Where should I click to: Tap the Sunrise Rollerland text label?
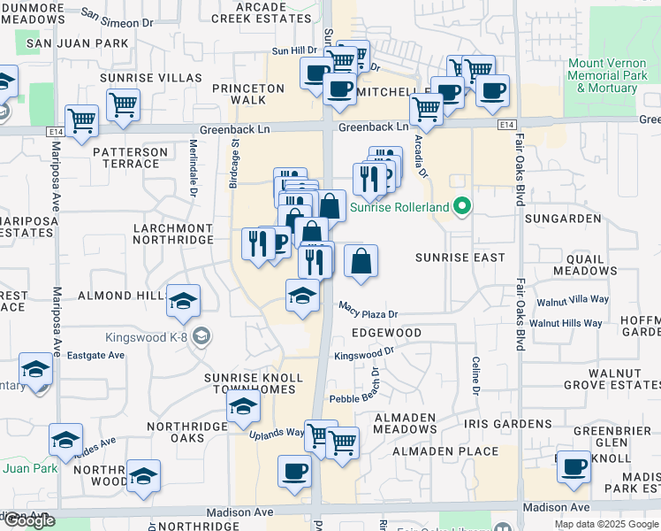(400, 209)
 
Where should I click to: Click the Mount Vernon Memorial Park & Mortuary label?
(607, 76)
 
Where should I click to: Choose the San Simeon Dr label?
(123, 16)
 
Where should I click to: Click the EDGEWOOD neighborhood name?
(386, 333)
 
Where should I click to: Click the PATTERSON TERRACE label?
(130, 158)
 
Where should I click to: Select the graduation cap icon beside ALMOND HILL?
(184, 301)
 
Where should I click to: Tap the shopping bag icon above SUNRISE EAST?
(361, 262)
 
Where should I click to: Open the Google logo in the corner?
(28, 520)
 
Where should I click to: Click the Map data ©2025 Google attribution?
(606, 524)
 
